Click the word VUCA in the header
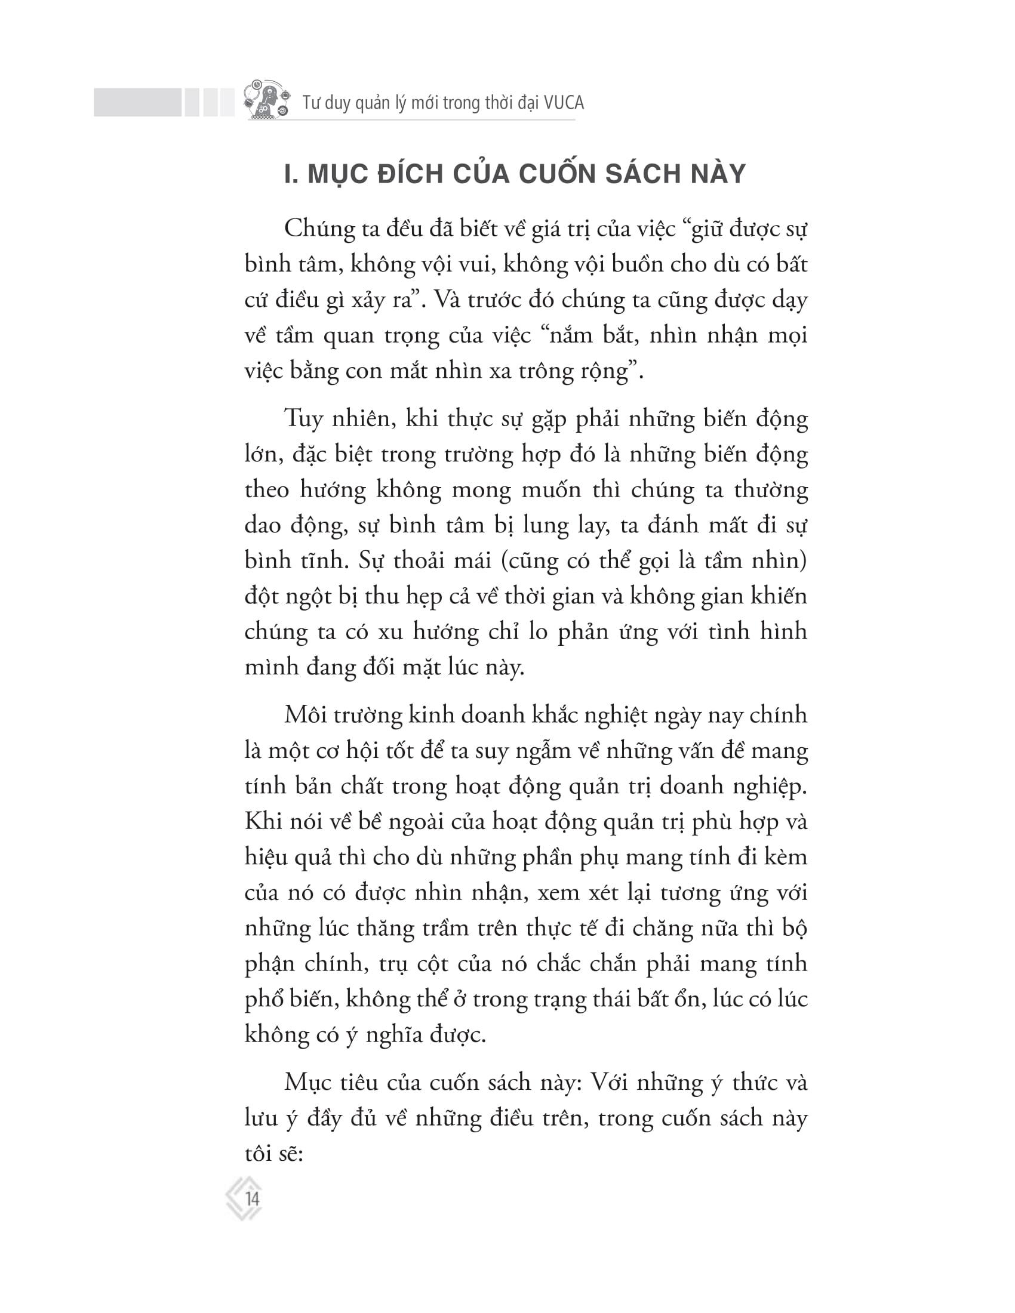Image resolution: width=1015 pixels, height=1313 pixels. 563,103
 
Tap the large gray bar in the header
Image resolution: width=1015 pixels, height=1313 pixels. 137,102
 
